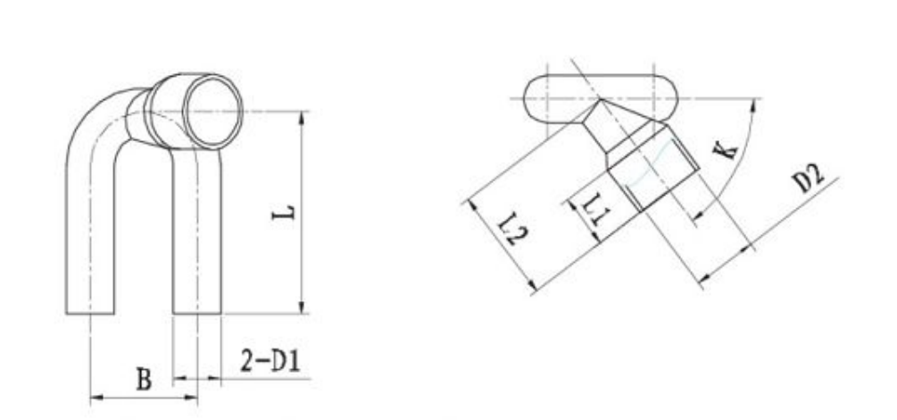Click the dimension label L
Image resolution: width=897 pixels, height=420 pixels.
tap(283, 213)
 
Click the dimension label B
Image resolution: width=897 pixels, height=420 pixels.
tap(145, 379)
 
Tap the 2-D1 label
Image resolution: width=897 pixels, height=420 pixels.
tap(270, 361)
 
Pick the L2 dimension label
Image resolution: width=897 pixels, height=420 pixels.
tap(512, 229)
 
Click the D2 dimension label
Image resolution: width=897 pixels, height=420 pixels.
tap(808, 178)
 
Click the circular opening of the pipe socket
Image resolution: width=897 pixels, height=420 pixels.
tap(212, 112)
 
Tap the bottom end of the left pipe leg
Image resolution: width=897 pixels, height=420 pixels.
tap(90, 313)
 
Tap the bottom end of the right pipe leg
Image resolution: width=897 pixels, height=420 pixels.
tap(196, 313)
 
